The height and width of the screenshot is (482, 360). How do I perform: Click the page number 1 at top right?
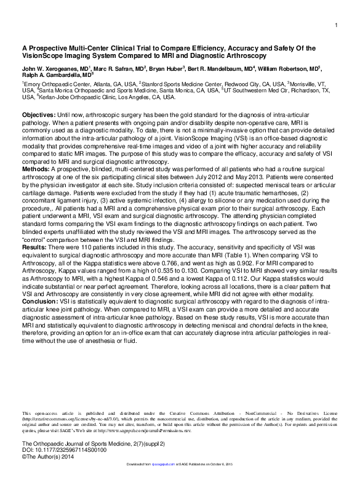[337, 25]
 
